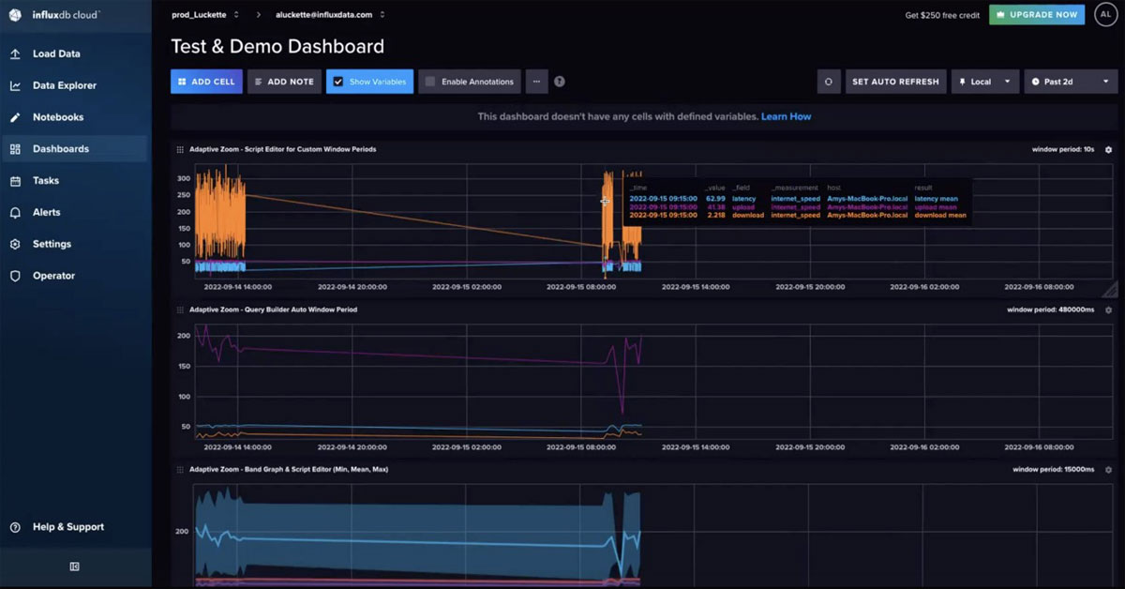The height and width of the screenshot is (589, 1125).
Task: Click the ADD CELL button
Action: click(206, 82)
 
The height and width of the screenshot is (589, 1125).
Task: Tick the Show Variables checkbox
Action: click(338, 82)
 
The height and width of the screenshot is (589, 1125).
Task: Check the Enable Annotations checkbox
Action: click(430, 82)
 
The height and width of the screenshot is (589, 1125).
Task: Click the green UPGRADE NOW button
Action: click(1036, 15)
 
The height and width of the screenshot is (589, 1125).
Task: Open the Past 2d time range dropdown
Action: click(1071, 82)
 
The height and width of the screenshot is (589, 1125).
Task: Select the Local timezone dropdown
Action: click(985, 82)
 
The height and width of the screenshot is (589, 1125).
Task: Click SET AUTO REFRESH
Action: click(894, 82)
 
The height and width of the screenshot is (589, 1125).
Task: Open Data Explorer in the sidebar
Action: click(64, 85)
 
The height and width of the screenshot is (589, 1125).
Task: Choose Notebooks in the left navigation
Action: click(57, 117)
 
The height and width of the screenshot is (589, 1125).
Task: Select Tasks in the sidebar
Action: click(45, 180)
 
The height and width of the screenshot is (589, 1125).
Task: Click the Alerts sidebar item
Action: click(47, 212)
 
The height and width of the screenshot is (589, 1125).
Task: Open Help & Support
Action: click(67, 527)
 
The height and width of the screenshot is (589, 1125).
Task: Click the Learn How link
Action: click(786, 116)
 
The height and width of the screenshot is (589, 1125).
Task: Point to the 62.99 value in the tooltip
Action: click(715, 199)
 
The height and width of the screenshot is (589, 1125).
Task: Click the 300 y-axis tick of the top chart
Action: click(184, 178)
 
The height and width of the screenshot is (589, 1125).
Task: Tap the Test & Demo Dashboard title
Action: click(277, 46)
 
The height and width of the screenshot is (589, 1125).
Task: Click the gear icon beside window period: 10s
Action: click(1108, 149)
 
